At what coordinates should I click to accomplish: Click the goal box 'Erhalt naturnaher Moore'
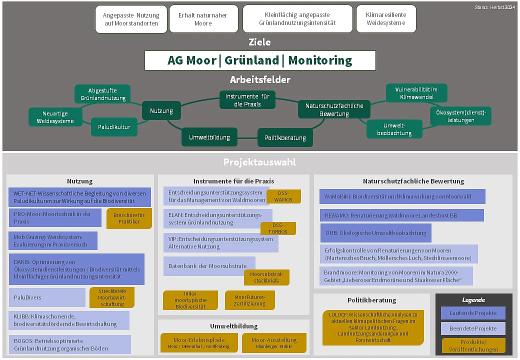[x=202, y=19]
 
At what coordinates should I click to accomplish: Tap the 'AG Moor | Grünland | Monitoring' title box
[x=260, y=60]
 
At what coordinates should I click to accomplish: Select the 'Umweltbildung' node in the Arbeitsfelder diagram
[x=209, y=137]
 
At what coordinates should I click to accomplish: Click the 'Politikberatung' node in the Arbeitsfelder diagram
[x=285, y=137]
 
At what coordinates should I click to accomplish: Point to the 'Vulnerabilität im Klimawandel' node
[x=416, y=93]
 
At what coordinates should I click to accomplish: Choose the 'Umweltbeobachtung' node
[x=394, y=129]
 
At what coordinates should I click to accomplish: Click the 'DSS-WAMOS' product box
[x=283, y=196]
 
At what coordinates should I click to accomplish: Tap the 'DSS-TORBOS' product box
[x=277, y=228]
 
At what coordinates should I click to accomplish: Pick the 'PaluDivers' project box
[x=47, y=297]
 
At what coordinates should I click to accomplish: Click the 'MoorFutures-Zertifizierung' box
[x=250, y=300]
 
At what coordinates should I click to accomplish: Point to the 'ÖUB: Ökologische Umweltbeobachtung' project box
[x=375, y=233]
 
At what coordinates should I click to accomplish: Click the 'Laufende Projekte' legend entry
[x=473, y=313]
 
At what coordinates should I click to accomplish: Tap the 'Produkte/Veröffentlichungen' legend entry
[x=473, y=345]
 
